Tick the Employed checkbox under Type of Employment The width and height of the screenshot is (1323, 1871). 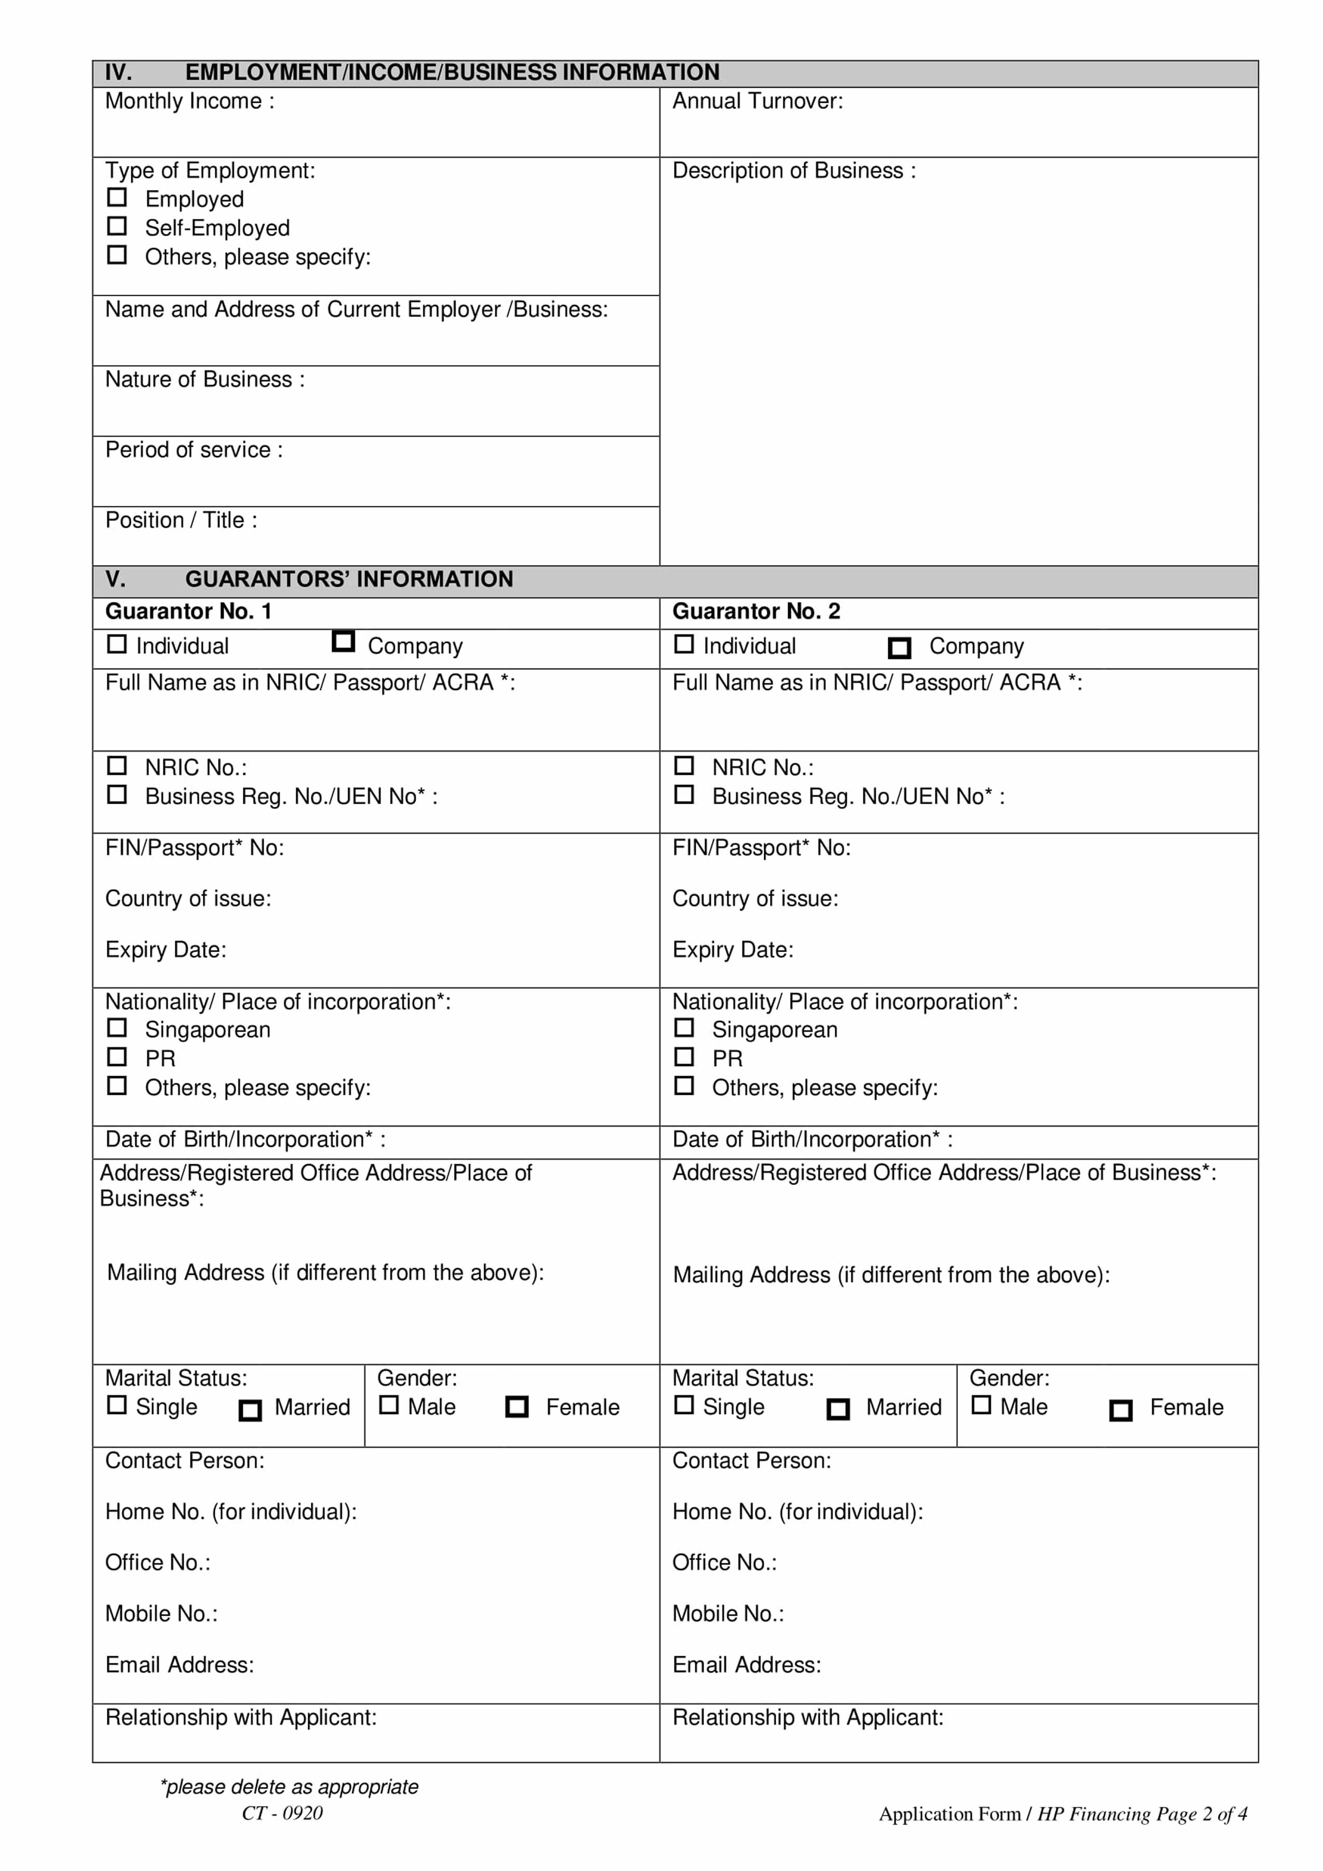pyautogui.click(x=117, y=197)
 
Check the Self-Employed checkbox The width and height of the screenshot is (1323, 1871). pyautogui.click(x=117, y=226)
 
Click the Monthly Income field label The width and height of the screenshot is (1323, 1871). pyautogui.click(x=189, y=102)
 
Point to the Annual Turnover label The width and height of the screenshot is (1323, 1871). pyautogui.click(x=757, y=102)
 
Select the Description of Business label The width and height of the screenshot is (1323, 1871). pyautogui.click(x=793, y=171)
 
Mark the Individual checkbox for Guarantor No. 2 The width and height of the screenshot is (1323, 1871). pyautogui.click(x=684, y=644)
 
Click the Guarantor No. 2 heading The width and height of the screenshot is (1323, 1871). pyautogui.click(x=755, y=612)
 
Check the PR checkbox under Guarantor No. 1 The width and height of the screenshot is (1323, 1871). pyautogui.click(x=117, y=1057)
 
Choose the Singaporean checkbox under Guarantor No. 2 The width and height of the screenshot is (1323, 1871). pyautogui.click(x=684, y=1028)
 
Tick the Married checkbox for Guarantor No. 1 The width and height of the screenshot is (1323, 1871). pyautogui.click(x=250, y=1411)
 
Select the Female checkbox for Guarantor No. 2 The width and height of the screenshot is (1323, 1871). pyautogui.click(x=1121, y=1411)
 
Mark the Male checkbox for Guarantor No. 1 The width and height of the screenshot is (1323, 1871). pyautogui.click(x=390, y=1405)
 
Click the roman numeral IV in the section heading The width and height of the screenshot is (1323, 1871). pyautogui.click(x=118, y=73)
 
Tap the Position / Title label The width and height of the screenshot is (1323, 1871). pyautogui.click(x=181, y=521)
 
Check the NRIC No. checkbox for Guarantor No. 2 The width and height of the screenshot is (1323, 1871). pyautogui.click(x=684, y=766)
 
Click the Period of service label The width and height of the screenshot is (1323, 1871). pyautogui.click(x=194, y=451)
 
